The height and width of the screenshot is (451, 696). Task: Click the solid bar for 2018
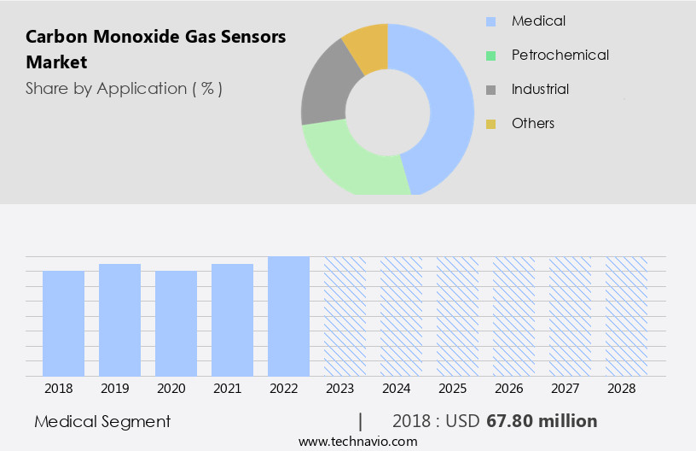click(x=63, y=323)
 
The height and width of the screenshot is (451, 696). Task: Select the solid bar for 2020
click(x=176, y=323)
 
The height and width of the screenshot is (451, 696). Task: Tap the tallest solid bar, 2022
click(x=288, y=316)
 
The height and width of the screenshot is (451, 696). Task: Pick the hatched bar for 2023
click(x=345, y=316)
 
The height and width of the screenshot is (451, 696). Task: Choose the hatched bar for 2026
click(x=513, y=316)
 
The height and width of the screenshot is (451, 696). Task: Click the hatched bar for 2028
click(x=626, y=316)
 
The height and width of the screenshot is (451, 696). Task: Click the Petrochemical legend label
click(x=560, y=55)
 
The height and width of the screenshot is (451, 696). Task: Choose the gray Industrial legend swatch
click(x=490, y=90)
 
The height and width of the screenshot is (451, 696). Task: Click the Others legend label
click(x=533, y=123)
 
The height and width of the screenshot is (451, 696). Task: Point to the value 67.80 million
click(x=542, y=421)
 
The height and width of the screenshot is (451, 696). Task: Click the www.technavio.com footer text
click(x=358, y=441)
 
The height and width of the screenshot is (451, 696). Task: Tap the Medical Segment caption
click(x=102, y=421)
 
